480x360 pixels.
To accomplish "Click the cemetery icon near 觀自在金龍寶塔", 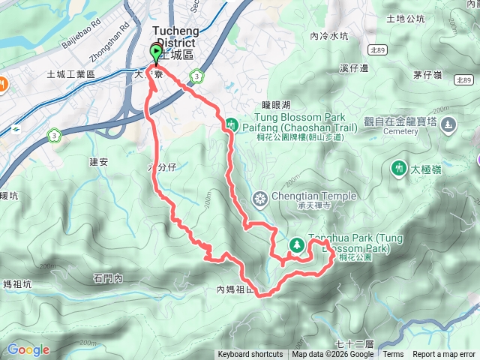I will [x=448, y=124].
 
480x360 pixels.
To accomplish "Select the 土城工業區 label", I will [x=70, y=74].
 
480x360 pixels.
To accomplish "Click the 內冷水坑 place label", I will [x=328, y=35].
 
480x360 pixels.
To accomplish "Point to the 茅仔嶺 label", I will [x=426, y=74].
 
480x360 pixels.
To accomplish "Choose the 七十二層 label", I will [x=354, y=343].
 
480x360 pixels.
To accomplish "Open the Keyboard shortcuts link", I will [x=250, y=355].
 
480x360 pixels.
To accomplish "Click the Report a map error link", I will [x=444, y=355].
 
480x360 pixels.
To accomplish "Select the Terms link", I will [x=393, y=355].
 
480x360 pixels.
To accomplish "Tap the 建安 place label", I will [x=99, y=161].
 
